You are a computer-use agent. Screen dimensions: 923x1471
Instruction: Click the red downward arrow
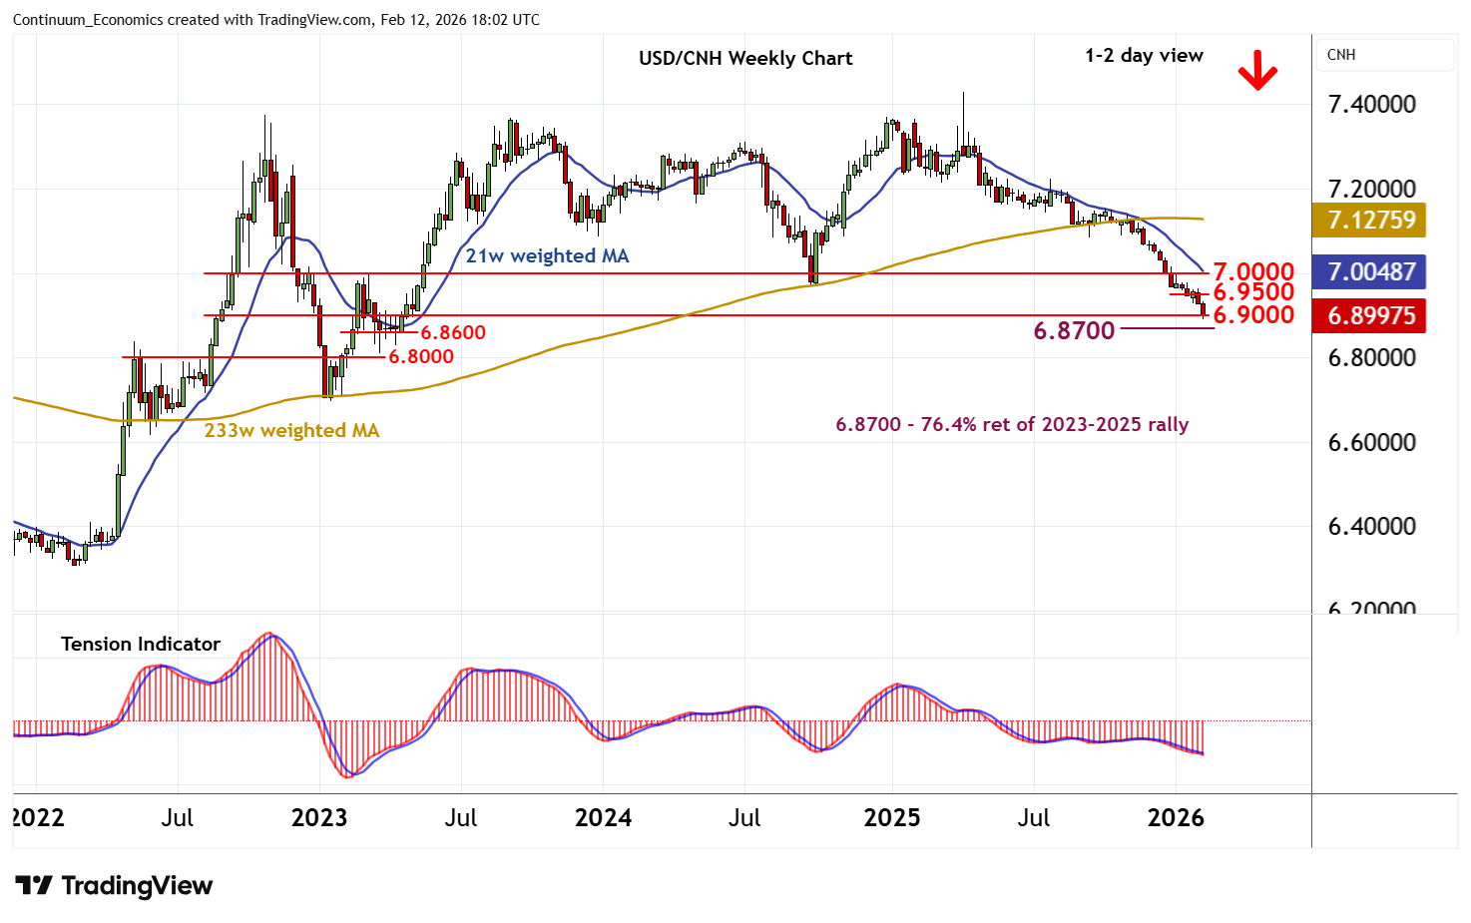click(1257, 71)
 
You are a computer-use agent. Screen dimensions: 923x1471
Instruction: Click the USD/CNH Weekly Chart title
click(745, 58)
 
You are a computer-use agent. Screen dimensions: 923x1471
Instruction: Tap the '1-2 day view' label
click(1144, 56)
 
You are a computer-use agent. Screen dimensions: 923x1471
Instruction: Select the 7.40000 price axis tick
click(1371, 104)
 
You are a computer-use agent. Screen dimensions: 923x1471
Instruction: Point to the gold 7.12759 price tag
click(1371, 220)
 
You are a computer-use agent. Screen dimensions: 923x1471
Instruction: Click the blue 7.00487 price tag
click(1371, 271)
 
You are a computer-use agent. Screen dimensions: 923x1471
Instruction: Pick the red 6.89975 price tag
click(1371, 315)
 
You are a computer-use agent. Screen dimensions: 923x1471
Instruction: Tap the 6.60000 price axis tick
click(1371, 442)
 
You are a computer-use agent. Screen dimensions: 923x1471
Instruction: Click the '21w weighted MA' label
click(547, 255)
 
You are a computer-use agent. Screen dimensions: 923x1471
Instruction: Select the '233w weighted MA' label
click(291, 430)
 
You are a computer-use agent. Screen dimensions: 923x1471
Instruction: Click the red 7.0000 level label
click(1252, 271)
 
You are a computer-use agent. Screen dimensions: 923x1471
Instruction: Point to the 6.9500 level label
click(1252, 292)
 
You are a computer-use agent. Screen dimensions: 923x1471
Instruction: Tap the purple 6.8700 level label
click(1074, 330)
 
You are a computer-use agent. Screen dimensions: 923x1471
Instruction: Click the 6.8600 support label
click(452, 332)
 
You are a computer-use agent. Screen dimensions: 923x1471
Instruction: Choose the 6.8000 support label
click(420, 356)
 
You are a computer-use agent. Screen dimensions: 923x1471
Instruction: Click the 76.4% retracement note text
click(1012, 424)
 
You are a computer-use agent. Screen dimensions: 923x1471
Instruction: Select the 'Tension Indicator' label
click(141, 644)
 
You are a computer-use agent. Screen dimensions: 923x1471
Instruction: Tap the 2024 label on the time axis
click(603, 818)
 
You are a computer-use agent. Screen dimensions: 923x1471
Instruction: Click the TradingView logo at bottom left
click(114, 885)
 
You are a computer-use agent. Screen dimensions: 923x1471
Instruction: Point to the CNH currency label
click(1341, 55)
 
